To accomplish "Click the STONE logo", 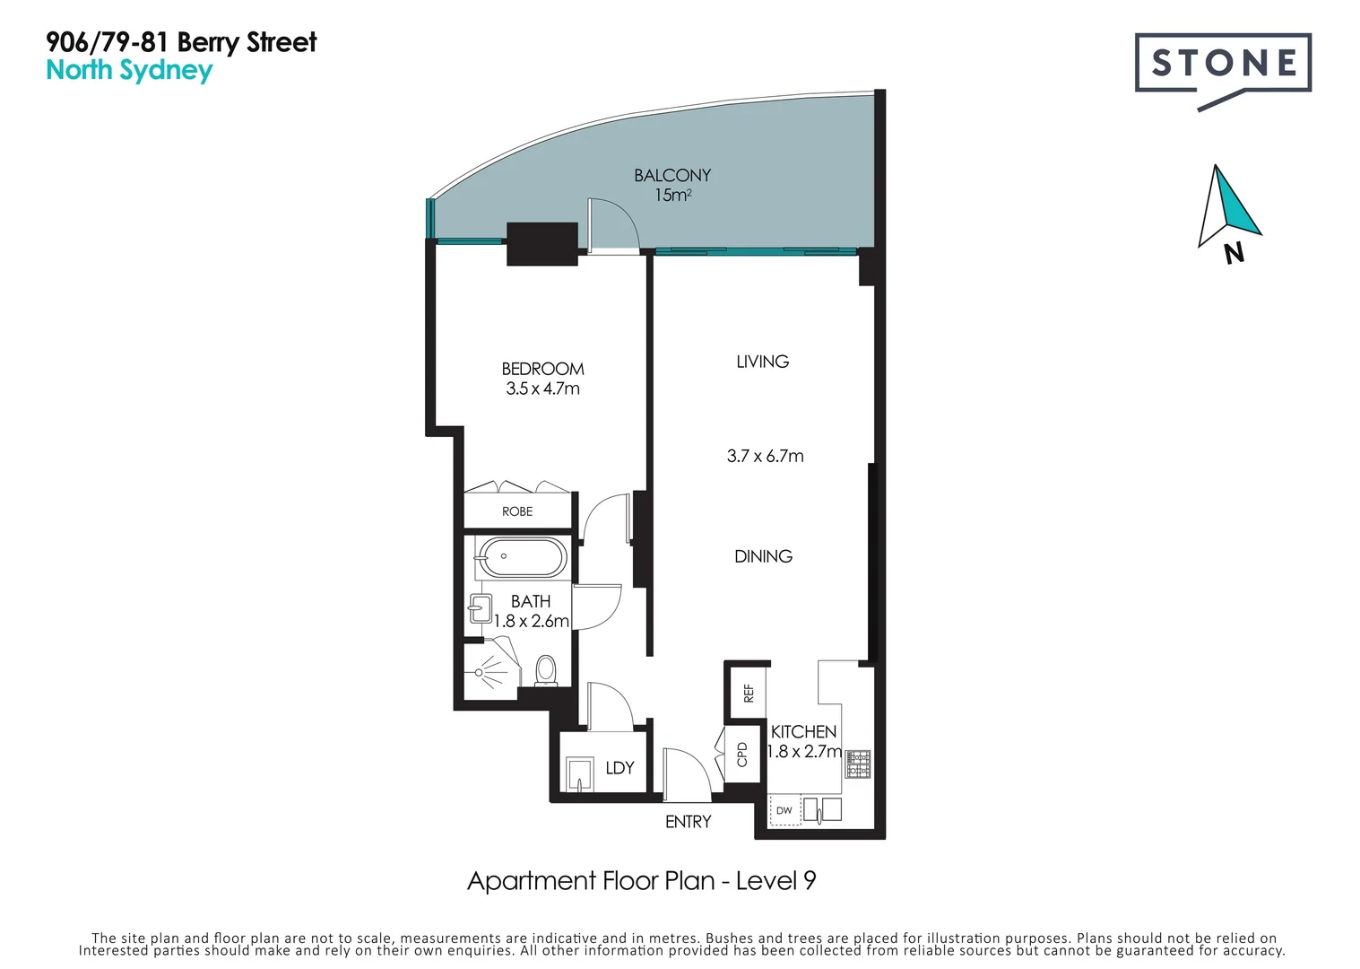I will point(1223,64).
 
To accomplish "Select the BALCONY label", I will point(672,175).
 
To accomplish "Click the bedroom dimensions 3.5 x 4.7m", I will point(542,388).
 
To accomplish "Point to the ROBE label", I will point(517,511).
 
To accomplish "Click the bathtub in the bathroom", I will point(522,558).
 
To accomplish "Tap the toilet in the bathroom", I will point(545,670).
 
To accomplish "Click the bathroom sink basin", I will point(480,609).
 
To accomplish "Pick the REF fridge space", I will point(748,693).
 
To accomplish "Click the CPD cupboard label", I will point(742,754).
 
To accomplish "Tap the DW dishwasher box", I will point(784,810).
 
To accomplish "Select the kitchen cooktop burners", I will point(859,764).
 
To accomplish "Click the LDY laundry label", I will point(619,768).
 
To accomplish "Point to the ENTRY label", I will point(688,822).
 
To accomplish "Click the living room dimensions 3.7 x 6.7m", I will point(765,456).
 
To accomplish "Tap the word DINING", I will point(763,556).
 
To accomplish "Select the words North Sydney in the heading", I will point(129,70).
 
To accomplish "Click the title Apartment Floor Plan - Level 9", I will point(641,881).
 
